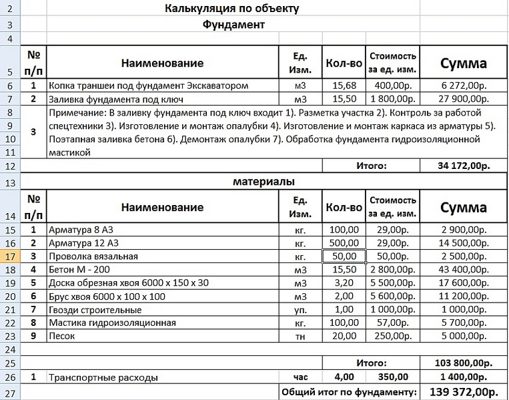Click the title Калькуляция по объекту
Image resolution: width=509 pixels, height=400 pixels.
[x=231, y=9]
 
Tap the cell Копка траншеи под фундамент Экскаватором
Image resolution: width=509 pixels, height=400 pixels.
[x=149, y=85]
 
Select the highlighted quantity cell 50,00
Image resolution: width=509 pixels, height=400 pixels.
[x=344, y=256]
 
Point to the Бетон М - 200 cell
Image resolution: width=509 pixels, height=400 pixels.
[x=83, y=270]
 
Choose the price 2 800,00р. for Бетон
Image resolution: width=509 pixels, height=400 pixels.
[x=392, y=270]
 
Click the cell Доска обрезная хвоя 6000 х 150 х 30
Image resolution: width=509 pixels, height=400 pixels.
[x=129, y=283]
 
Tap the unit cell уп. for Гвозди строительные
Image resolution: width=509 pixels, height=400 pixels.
[x=300, y=310]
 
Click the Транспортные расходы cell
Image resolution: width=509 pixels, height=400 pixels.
[x=103, y=377]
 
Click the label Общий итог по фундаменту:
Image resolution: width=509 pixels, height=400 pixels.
[x=349, y=392]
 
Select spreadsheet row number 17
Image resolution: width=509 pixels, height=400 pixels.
[x=11, y=256]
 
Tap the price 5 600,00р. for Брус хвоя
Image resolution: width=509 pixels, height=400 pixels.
[x=392, y=296]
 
